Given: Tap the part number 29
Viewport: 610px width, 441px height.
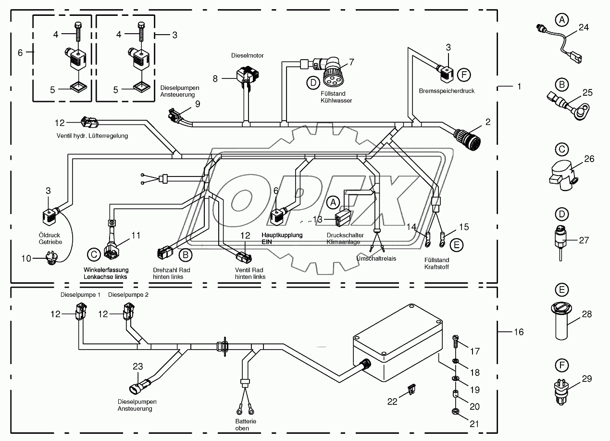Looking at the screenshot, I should (586, 379).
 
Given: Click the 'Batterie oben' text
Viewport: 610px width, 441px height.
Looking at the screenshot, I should (246, 425).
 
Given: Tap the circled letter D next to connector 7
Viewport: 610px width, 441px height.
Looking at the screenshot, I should (313, 83).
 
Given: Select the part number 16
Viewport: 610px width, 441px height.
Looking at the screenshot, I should (518, 332).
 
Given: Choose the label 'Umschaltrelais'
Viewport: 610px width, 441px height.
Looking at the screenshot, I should (376, 258).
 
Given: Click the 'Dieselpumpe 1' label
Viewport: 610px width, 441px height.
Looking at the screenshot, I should (80, 295).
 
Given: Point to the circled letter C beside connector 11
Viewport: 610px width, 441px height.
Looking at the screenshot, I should (93, 254).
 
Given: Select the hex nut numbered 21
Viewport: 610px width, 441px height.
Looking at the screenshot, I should (455, 411).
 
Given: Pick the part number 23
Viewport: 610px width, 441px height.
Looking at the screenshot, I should (137, 366).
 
